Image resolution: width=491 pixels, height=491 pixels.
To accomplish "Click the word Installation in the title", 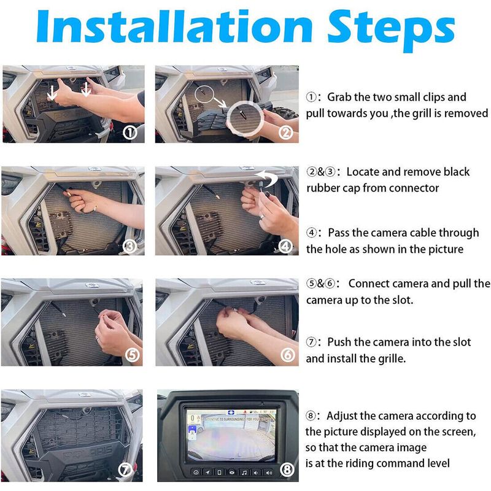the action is (x=174, y=26).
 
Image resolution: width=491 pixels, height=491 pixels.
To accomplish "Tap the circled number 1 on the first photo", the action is (x=130, y=133).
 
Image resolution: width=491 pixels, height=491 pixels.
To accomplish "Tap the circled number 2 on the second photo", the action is (x=285, y=133).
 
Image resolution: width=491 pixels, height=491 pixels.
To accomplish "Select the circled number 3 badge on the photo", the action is (x=130, y=247).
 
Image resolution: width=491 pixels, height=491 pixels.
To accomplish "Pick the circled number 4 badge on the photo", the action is (x=285, y=247).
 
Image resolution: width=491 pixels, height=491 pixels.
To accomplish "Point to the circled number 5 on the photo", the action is (x=132, y=355).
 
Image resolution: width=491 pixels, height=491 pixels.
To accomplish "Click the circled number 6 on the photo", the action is (x=287, y=355).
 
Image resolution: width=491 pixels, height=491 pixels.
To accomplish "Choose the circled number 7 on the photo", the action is (x=125, y=470).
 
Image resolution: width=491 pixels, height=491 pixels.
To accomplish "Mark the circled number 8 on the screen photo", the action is (x=287, y=470).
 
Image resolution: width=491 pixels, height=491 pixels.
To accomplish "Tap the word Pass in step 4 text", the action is (x=339, y=233).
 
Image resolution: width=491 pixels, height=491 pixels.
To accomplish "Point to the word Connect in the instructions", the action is (x=369, y=284).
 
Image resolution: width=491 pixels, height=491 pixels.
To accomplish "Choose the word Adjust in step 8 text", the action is (x=342, y=416).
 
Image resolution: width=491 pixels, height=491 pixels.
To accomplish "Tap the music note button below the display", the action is (x=244, y=472).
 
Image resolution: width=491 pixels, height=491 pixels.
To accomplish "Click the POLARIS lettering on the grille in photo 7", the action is (x=88, y=453).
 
